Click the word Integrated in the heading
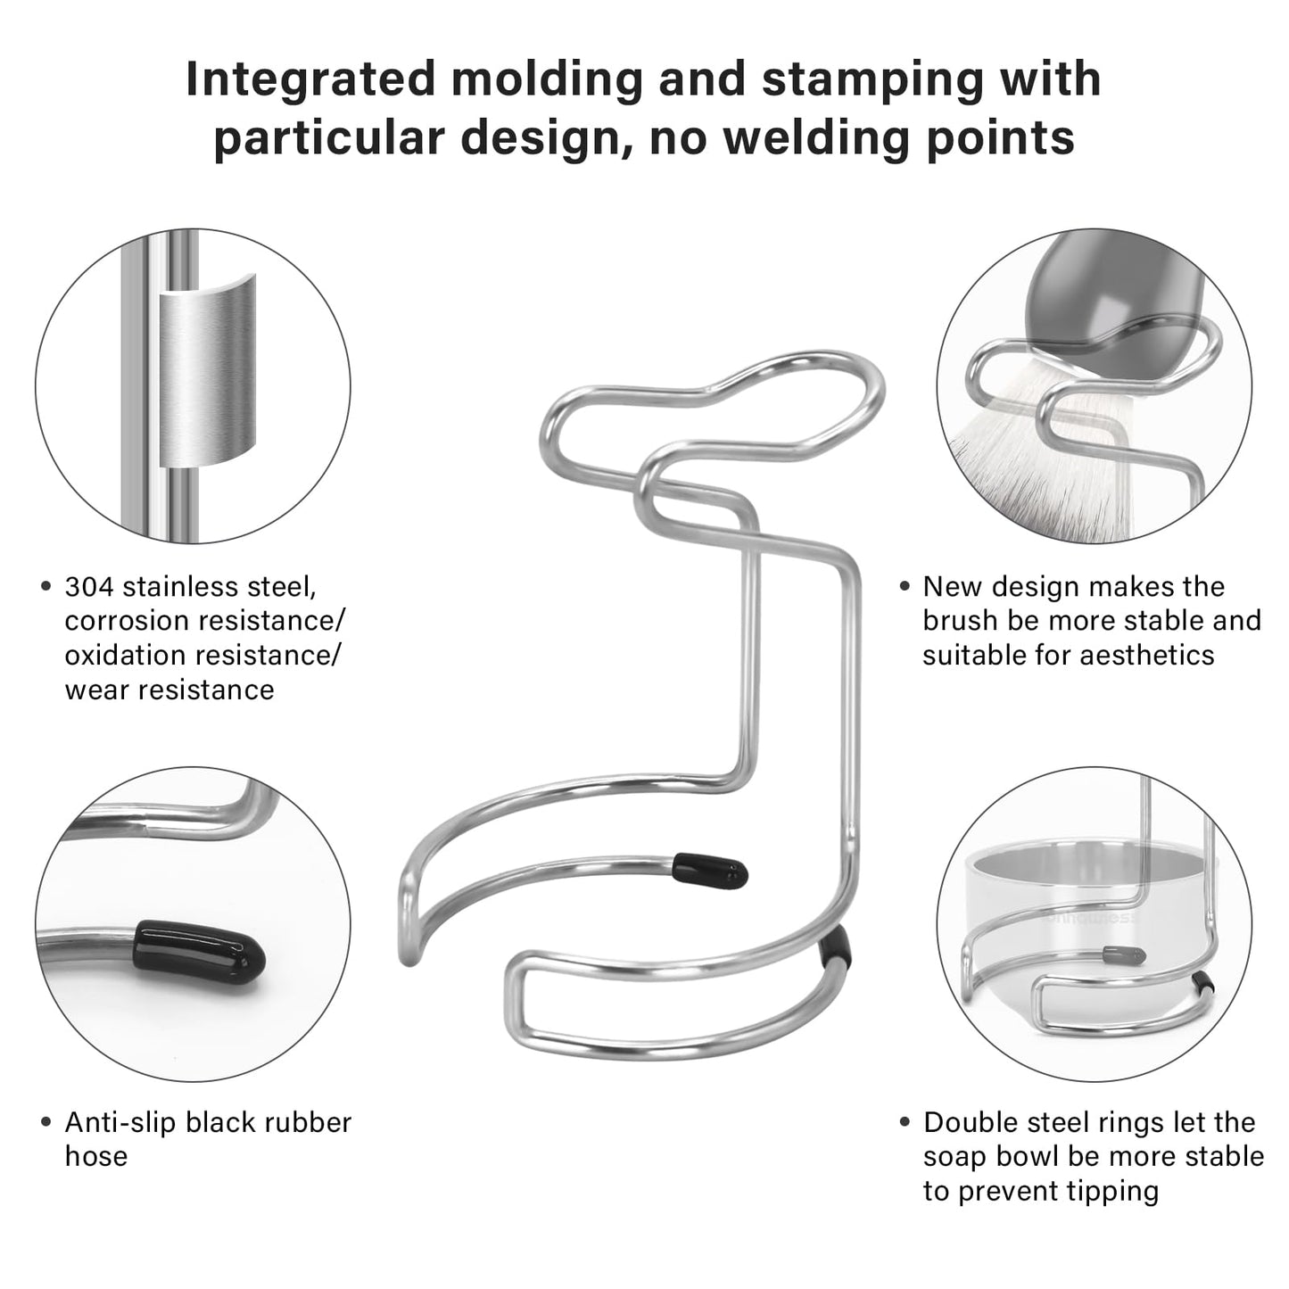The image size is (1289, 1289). tap(311, 79)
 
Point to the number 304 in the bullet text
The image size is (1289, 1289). tap(89, 587)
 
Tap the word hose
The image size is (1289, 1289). tap(96, 1157)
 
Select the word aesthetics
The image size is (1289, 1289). tap(1146, 655)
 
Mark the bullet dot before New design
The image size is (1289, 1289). tap(905, 587)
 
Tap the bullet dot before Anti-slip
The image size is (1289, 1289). tap(45, 1123)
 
